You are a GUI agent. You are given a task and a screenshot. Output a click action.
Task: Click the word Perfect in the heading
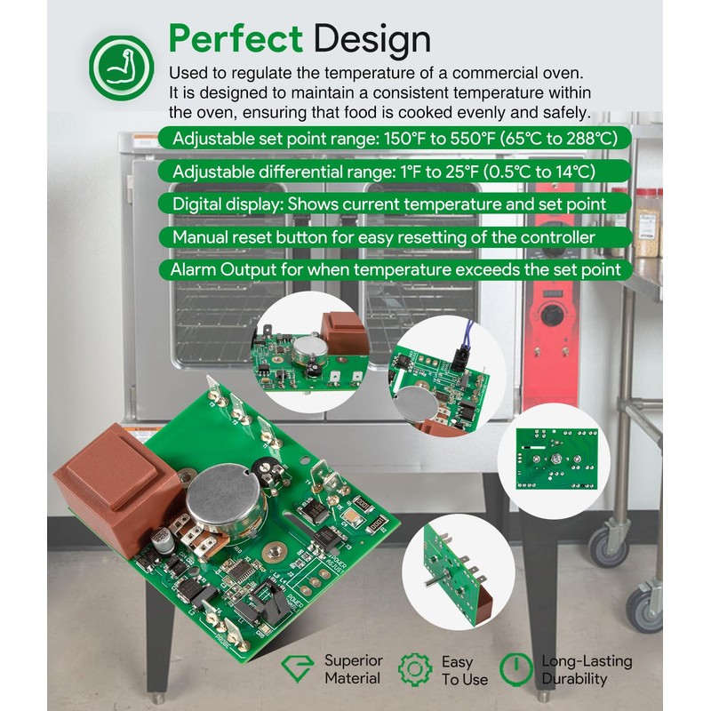(x=236, y=38)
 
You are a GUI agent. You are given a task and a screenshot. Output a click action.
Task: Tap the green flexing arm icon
(x=121, y=68)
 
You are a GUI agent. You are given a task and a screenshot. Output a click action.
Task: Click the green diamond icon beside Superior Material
(x=297, y=668)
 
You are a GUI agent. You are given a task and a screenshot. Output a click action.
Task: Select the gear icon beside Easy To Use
(x=415, y=669)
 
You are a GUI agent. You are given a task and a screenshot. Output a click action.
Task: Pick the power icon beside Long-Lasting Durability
(x=516, y=670)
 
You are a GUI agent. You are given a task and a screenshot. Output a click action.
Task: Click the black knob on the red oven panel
(x=551, y=315)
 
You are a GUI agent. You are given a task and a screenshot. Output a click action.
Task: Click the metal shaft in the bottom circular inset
(x=432, y=581)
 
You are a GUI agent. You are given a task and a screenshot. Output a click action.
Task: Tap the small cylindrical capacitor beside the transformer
(x=162, y=539)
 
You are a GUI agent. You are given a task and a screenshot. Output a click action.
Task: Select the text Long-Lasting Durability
(x=587, y=670)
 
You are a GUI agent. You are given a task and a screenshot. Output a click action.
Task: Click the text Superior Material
(x=354, y=669)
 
